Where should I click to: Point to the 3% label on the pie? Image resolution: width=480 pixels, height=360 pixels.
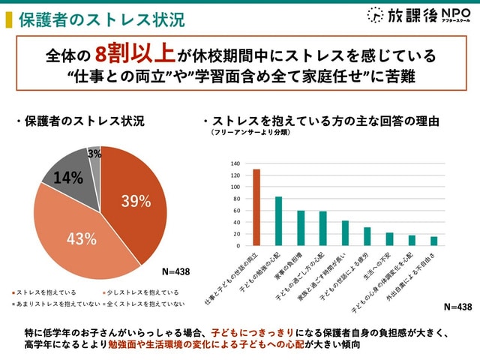[94, 154]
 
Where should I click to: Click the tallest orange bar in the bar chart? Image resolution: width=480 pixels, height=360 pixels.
[256, 207]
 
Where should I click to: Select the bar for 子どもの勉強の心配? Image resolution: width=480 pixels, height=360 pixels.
[278, 221]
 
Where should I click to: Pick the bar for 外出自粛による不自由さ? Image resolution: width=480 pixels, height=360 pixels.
[433, 241]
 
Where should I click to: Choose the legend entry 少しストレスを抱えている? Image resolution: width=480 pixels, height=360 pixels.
[138, 292]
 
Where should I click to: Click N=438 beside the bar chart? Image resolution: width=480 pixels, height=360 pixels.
[457, 307]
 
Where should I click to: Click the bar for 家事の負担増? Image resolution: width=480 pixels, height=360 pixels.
[301, 228]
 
